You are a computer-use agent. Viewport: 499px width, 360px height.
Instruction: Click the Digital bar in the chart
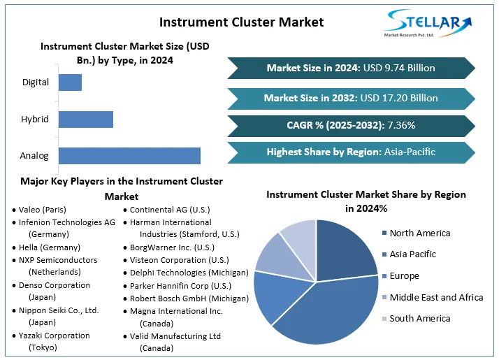tap(70, 82)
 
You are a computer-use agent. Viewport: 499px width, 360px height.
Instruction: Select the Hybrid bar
tap(85, 119)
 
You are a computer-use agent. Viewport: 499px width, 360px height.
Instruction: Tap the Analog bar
tap(129, 156)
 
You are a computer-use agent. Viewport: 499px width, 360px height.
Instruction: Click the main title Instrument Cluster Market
tap(241, 22)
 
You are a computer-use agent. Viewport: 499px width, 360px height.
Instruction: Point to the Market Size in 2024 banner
tap(351, 68)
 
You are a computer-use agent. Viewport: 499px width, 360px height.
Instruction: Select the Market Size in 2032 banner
tap(351, 99)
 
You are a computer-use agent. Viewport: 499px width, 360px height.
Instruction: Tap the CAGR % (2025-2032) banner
tap(351, 126)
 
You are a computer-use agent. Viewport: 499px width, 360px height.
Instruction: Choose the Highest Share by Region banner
tap(351, 152)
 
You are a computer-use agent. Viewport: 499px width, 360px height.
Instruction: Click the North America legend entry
tap(419, 233)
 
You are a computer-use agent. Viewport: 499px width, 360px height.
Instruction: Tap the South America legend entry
tap(419, 319)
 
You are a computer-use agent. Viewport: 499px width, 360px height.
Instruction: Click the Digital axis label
tap(36, 82)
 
